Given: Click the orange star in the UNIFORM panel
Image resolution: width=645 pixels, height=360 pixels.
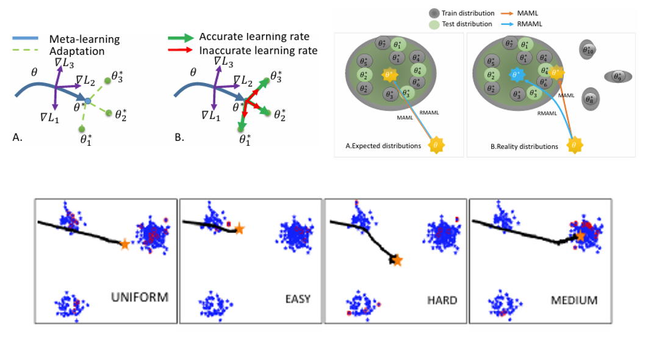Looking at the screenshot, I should (x=125, y=243).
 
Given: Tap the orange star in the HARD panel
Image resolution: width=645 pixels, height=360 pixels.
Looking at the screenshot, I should (x=397, y=261).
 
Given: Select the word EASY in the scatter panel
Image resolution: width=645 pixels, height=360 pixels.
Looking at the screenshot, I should (x=298, y=299).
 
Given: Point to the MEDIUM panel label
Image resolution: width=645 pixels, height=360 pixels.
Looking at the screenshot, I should (x=574, y=300).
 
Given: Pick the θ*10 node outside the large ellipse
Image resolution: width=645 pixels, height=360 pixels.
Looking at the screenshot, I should (x=588, y=50).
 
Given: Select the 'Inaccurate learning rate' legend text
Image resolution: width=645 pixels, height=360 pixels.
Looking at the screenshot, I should (x=258, y=51).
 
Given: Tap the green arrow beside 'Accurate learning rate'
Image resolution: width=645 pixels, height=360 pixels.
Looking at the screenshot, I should (x=181, y=37).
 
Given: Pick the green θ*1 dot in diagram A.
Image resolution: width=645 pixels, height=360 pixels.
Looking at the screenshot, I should (x=81, y=129).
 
